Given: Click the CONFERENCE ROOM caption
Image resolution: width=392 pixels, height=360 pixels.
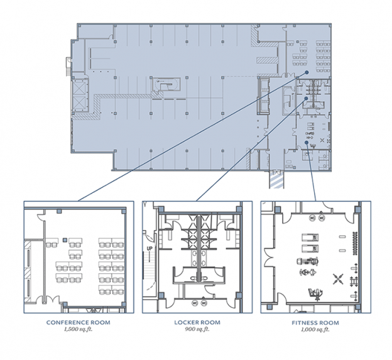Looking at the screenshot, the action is pos(79,322).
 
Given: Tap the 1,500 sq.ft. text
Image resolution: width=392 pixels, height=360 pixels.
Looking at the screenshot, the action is pos(79,329).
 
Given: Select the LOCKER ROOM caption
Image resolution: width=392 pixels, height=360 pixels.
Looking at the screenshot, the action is pos(197,322).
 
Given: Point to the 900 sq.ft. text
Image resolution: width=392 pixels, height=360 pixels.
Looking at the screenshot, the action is pos(197,329).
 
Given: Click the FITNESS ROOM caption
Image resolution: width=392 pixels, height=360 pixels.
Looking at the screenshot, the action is pos(315,323).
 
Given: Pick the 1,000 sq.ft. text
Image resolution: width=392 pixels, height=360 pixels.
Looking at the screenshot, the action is pos(315,329).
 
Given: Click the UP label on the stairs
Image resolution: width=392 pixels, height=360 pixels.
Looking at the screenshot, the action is pos(150,249).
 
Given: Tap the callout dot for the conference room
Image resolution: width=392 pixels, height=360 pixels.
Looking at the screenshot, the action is pos(307,72).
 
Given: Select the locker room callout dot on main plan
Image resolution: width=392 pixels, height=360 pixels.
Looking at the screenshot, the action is pos(306,98).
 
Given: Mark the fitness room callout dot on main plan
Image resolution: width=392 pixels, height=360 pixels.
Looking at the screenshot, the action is pos(307,142).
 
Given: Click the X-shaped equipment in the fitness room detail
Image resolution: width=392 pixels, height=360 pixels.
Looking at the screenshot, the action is pos(338,279).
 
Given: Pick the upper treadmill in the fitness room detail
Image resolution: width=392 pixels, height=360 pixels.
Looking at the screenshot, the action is pos(310,237).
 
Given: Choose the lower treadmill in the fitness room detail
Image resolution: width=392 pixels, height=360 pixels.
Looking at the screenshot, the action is pos(310,249).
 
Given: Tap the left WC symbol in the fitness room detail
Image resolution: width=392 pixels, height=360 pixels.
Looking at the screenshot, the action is pos(312,218).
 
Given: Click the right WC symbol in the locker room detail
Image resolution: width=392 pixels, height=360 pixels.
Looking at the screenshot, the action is pos(204,303).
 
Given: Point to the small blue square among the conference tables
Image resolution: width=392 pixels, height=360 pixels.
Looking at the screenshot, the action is pos(65,240).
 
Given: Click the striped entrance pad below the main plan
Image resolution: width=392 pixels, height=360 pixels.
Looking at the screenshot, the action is pos(276,181).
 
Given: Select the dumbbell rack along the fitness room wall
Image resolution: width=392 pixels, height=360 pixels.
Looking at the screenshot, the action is pos(355,243).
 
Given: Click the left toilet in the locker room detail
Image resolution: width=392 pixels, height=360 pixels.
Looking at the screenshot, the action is pos(193,278).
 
